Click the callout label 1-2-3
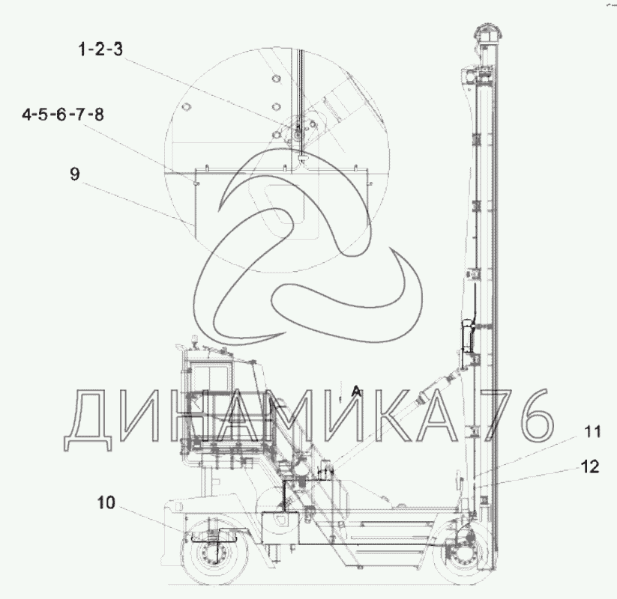[100, 49]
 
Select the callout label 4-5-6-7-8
[63, 115]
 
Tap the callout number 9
[75, 173]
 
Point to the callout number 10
[106, 502]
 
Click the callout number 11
[592, 431]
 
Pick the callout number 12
[590, 466]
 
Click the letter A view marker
[355, 391]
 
